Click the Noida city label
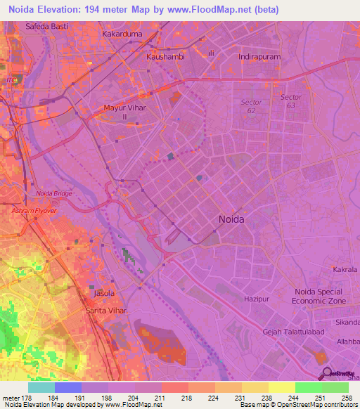(x=231, y=219)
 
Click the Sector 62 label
(x=251, y=106)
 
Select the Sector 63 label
(x=290, y=101)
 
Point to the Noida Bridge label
(x=53, y=193)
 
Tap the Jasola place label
(x=103, y=292)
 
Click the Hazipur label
(x=257, y=299)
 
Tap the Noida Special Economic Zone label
(x=320, y=296)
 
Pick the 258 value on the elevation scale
(x=347, y=397)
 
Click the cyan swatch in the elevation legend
(x=41, y=387)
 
